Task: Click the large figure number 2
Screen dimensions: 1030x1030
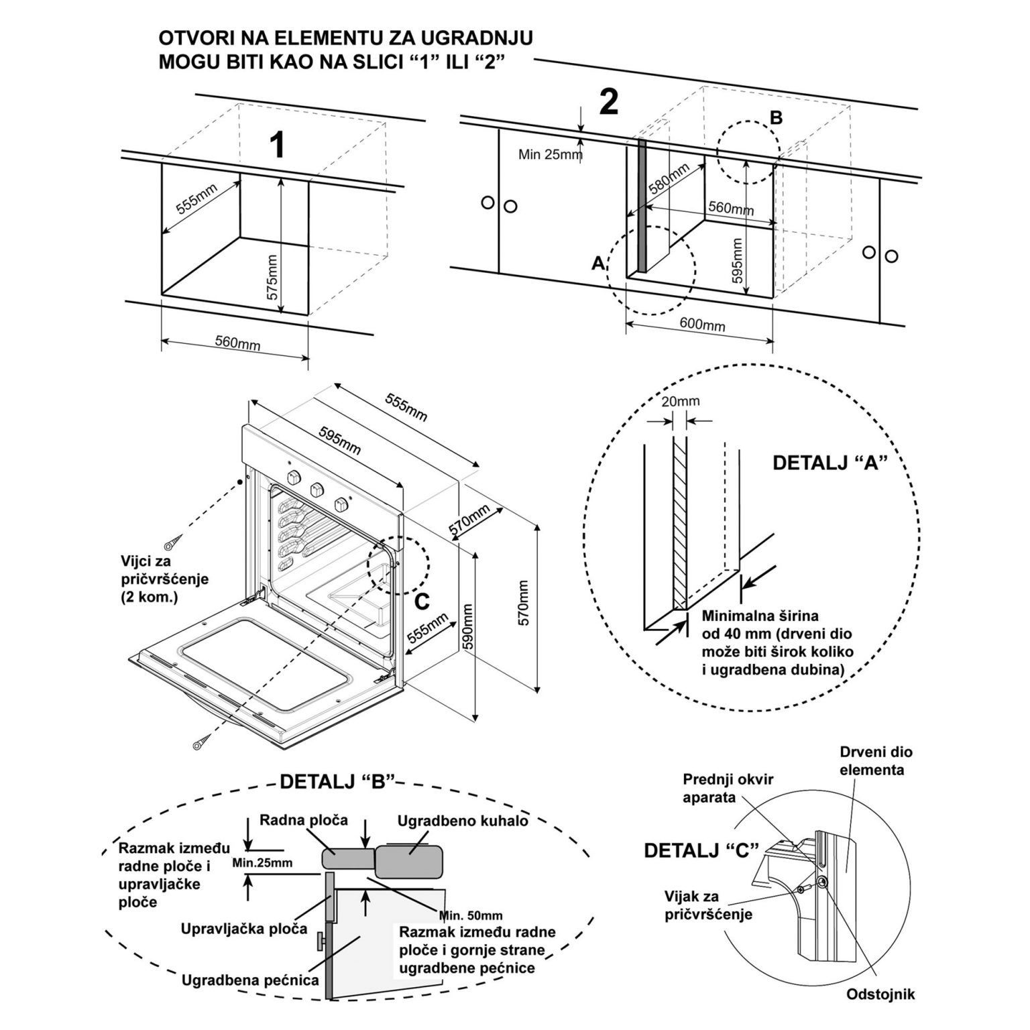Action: click(608, 102)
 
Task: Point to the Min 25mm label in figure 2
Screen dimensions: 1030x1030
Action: click(551, 155)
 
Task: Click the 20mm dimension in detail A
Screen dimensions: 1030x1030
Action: click(680, 401)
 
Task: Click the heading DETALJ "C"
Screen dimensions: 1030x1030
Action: click(701, 850)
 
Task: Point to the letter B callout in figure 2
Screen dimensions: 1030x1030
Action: click(776, 118)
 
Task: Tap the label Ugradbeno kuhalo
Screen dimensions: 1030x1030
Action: click(463, 821)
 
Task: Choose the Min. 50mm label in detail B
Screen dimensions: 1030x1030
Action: click(471, 915)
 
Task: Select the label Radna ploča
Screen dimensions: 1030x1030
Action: click(304, 819)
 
